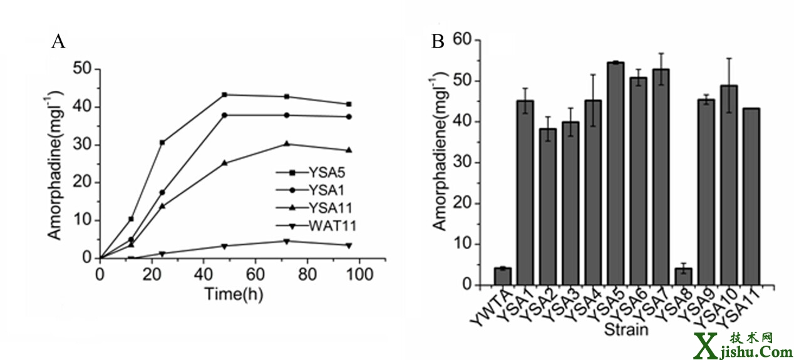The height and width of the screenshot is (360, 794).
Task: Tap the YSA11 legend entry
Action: pos(319,207)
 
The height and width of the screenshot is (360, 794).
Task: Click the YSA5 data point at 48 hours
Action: pos(224,95)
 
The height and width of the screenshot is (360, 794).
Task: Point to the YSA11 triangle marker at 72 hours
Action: pos(287,143)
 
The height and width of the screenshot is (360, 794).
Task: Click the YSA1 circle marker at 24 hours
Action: pos(162,192)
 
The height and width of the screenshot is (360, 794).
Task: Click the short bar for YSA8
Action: pos(683,276)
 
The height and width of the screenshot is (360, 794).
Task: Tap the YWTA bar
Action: pos(502,276)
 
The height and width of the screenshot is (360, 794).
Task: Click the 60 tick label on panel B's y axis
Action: pos(463,41)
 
